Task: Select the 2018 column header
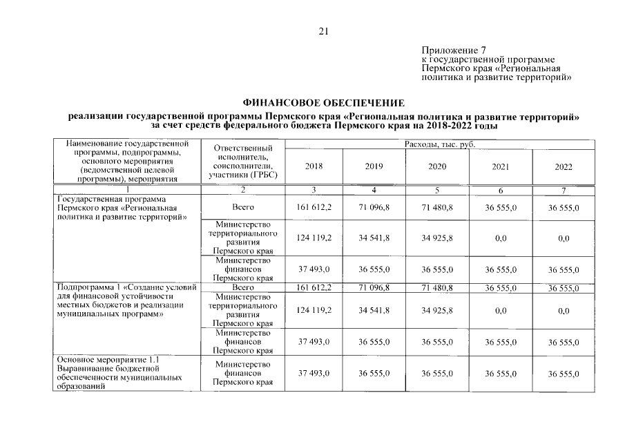coord(314,166)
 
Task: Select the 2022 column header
coord(563,166)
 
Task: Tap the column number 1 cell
coord(126,189)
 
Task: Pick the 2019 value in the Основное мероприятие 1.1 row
coord(374,373)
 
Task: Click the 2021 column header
coord(500,166)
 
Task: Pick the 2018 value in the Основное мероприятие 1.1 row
coord(314,373)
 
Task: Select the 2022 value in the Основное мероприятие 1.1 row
coord(563,373)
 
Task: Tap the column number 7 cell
coord(563,189)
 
